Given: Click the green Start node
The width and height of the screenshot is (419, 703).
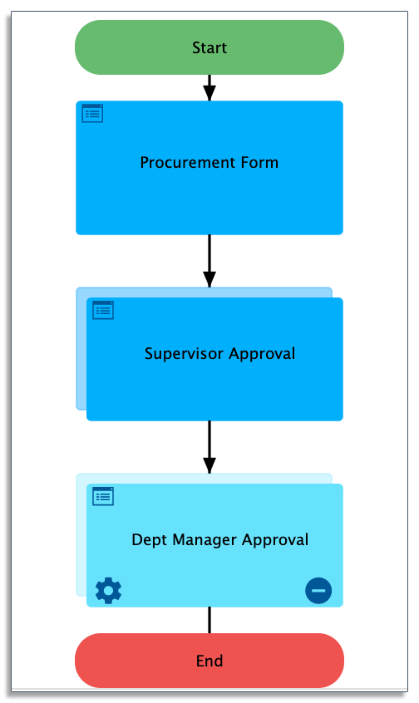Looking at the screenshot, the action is [209, 47].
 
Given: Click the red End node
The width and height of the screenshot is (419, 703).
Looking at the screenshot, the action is [209, 661].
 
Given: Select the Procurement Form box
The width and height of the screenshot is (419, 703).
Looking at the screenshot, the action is [209, 168].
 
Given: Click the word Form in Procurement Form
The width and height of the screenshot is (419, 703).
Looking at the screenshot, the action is [259, 162].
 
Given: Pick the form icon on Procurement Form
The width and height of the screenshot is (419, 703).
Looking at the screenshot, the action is [92, 114].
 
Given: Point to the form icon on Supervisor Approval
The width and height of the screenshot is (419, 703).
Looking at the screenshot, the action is [103, 310].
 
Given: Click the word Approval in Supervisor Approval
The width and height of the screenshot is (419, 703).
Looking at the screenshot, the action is [262, 354].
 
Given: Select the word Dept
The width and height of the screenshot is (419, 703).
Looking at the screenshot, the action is [150, 540].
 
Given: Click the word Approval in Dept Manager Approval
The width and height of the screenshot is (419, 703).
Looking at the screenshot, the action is [275, 540].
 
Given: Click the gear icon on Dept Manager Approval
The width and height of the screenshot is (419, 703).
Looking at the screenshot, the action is [109, 591].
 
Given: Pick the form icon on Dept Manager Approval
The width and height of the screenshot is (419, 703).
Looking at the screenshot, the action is [103, 496].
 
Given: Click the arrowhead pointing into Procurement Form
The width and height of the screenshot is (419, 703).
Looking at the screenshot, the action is [209, 93].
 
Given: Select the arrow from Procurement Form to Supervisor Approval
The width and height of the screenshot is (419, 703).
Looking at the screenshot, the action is [209, 261].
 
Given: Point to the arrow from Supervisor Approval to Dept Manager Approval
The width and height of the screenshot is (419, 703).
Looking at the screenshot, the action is [209, 447].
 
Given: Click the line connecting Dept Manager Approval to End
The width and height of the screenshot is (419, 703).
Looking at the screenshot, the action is [209, 620].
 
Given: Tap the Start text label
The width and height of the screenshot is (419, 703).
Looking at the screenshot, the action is [209, 47].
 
